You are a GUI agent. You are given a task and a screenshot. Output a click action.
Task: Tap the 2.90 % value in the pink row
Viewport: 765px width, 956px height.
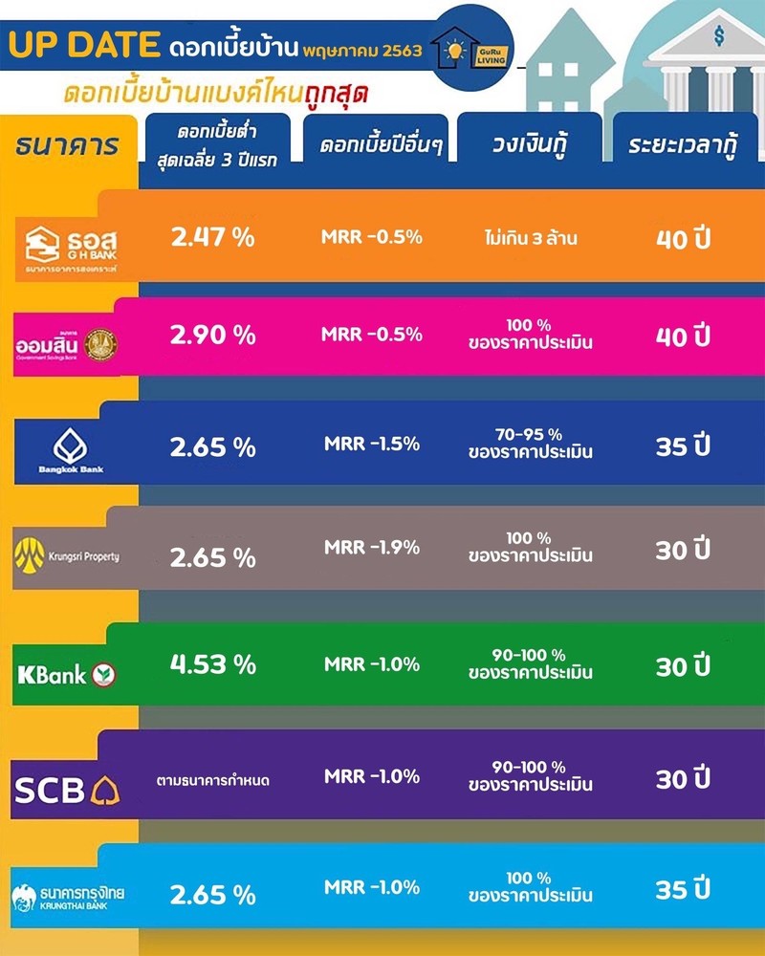click(212, 336)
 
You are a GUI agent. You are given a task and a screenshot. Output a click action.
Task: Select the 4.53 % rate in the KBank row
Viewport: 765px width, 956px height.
click(212, 664)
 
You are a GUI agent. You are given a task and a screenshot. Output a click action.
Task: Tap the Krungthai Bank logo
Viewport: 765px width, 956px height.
click(68, 895)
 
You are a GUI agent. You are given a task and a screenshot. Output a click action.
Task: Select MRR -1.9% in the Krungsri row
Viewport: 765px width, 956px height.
click(372, 548)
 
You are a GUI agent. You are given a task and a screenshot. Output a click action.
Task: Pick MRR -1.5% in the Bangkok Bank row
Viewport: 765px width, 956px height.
click(372, 444)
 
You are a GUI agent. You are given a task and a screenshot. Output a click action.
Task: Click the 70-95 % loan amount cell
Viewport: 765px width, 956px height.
click(530, 444)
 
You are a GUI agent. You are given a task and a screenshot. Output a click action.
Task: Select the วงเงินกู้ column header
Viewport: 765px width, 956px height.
click(529, 147)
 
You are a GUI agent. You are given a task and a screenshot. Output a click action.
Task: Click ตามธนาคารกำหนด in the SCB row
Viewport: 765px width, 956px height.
click(212, 780)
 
